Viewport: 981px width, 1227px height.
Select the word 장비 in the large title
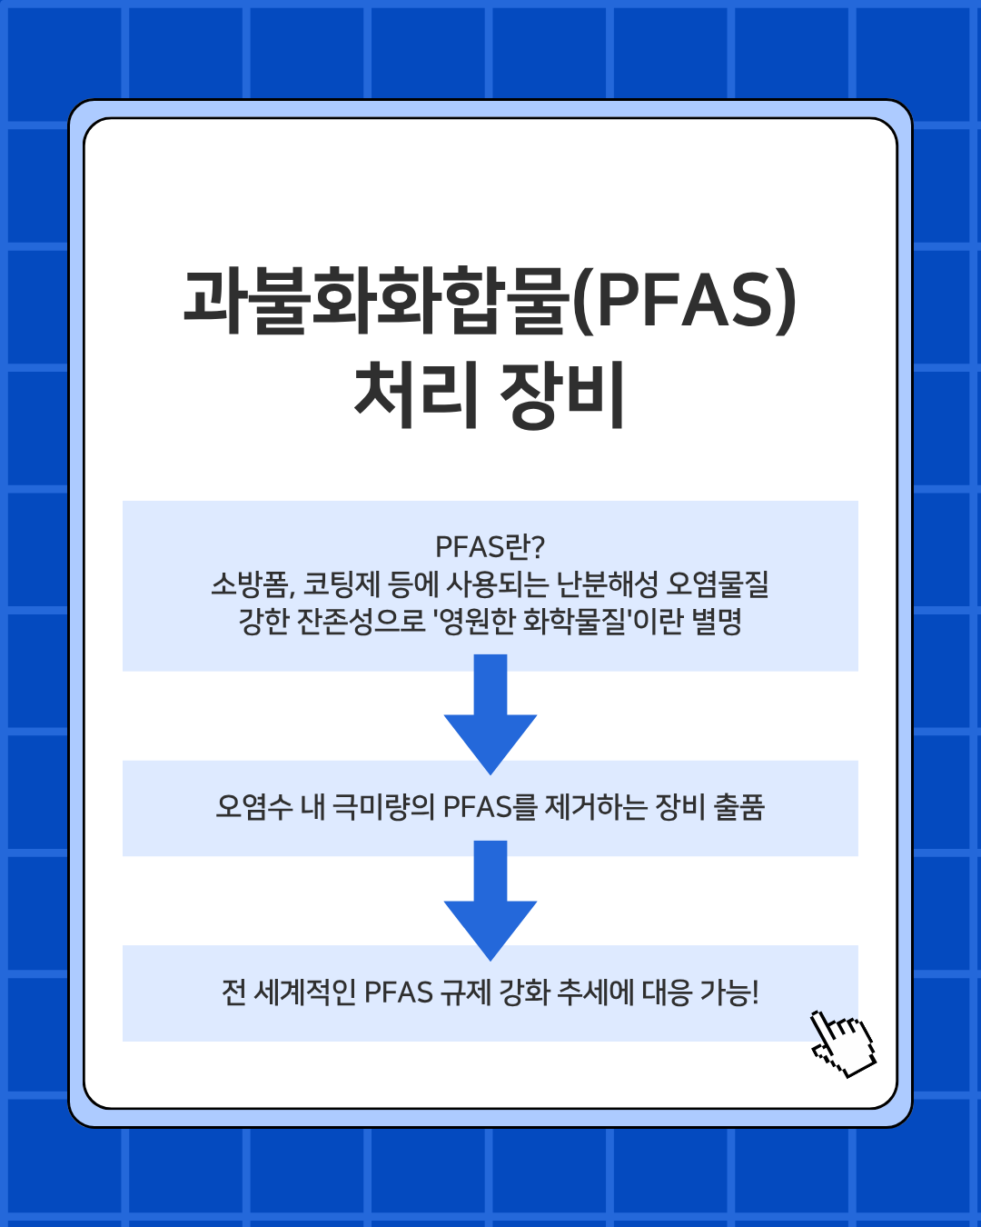tap(562, 395)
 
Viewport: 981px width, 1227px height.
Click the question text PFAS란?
tap(490, 547)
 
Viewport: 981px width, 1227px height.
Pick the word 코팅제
tap(342, 584)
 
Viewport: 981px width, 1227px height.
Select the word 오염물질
tap(718, 584)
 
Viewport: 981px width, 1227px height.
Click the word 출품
tap(738, 807)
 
